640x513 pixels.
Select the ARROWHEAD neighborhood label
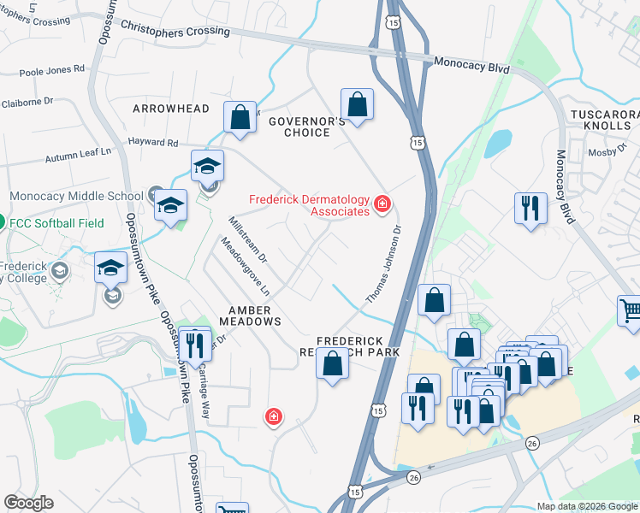click(x=171, y=109)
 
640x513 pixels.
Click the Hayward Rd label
click(x=153, y=144)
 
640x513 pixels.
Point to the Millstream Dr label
click(x=248, y=239)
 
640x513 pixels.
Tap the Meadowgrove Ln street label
click(x=246, y=267)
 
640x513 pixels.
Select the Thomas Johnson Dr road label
click(x=384, y=263)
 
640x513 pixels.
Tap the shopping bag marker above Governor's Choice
click(x=358, y=105)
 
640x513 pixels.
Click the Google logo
click(x=28, y=503)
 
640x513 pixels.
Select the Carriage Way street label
click(x=204, y=394)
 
